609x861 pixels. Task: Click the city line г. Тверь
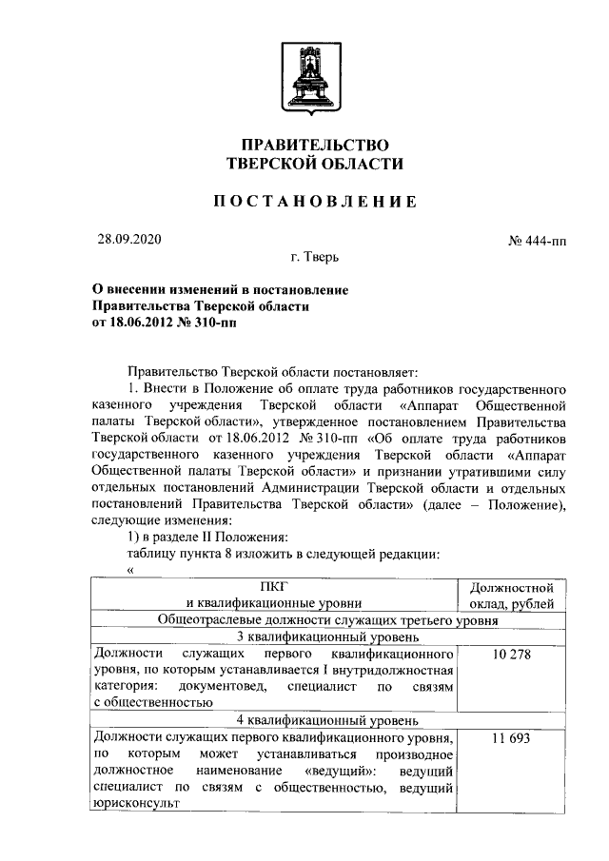(315, 257)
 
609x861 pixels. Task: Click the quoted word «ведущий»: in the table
(340, 770)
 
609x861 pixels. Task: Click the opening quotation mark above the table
(130, 569)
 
